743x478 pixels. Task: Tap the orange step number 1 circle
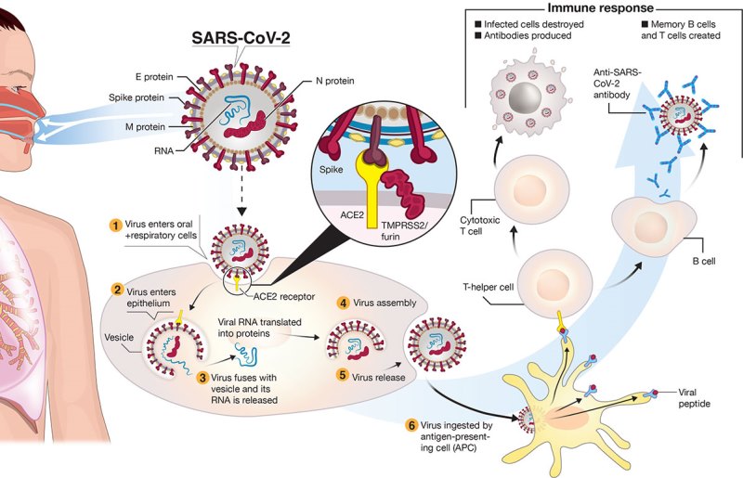[x=114, y=226]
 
